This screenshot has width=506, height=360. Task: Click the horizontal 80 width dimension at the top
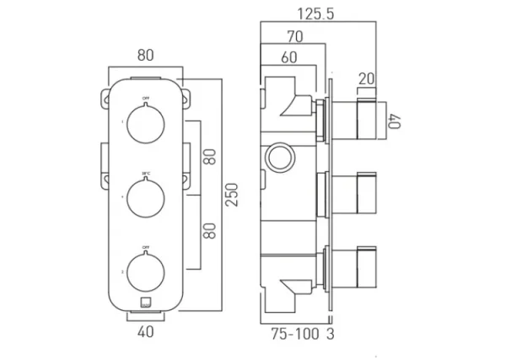coord(145,56)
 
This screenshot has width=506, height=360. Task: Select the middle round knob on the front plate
coord(146,196)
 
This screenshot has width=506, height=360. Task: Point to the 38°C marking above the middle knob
coord(146,173)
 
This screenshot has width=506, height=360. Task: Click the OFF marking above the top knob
coord(146,100)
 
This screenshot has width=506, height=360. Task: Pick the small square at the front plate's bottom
coord(146,300)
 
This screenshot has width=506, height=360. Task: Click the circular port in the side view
coord(278,156)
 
